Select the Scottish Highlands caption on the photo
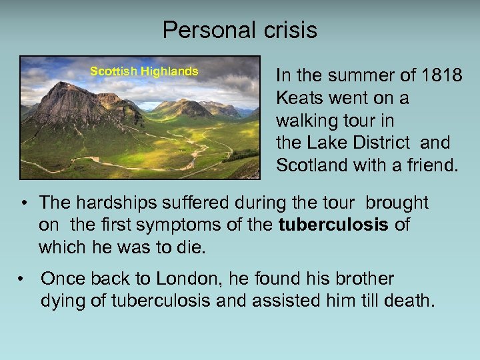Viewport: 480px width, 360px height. tap(144, 71)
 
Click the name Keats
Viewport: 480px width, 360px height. tap(298, 98)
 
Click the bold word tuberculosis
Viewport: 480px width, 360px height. tap(333, 225)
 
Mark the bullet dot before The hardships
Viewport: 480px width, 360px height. tap(24, 203)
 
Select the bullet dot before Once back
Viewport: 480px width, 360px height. tap(24, 279)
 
